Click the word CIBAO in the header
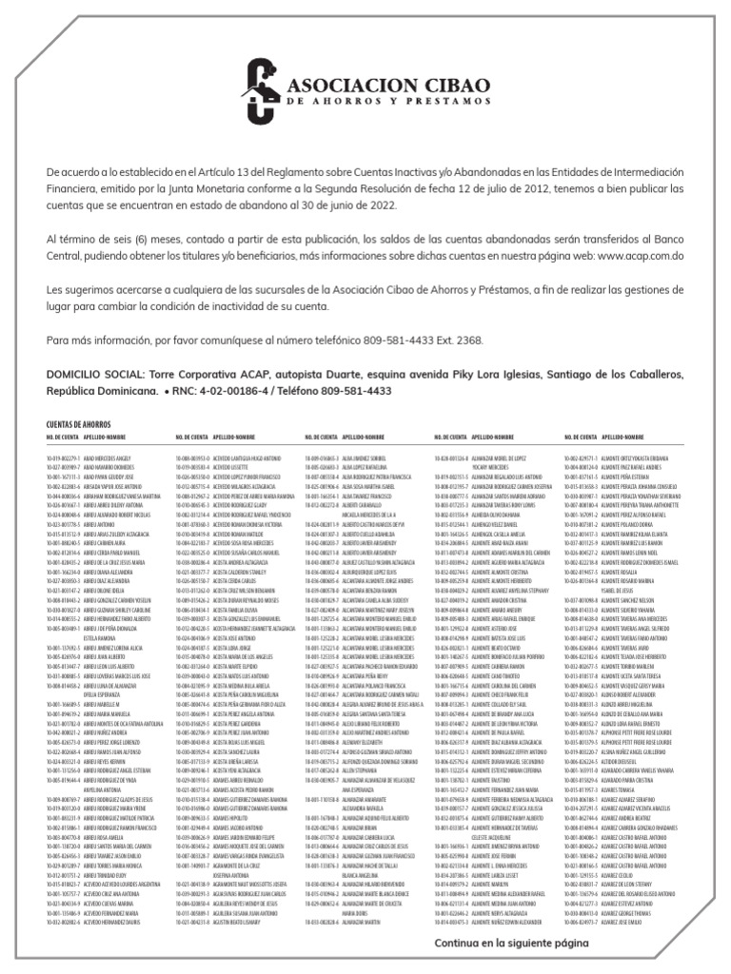click(440, 81)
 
